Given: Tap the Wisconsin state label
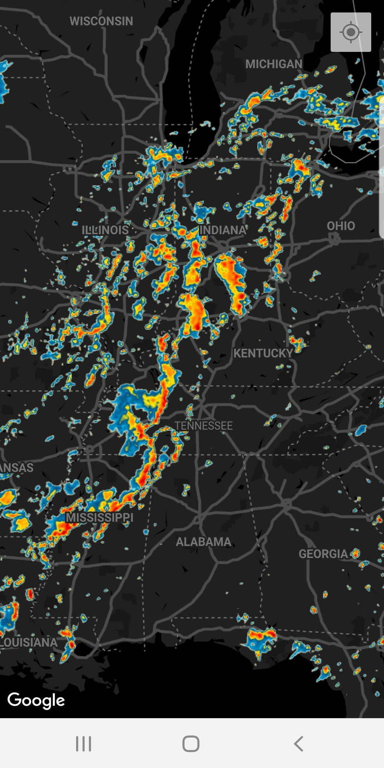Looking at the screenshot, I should [x=101, y=21].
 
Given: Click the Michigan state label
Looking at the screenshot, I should [x=274, y=64].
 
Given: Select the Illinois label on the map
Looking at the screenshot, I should [x=105, y=230].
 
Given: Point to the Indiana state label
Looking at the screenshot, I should [x=223, y=230].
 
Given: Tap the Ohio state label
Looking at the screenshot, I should [x=341, y=226].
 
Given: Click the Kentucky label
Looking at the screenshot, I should [x=263, y=353].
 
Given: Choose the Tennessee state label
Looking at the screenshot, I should [x=203, y=426].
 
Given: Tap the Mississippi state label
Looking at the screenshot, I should [x=100, y=517].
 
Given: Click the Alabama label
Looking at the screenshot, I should [x=203, y=542].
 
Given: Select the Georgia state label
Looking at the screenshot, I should [x=323, y=554].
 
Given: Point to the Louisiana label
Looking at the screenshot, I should [x=28, y=642].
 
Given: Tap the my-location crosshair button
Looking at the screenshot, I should [x=351, y=32].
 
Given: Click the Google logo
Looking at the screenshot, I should [x=36, y=700].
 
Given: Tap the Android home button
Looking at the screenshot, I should [x=191, y=743].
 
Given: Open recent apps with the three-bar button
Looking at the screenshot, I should [x=84, y=743].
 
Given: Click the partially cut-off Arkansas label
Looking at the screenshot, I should [x=16, y=467].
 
